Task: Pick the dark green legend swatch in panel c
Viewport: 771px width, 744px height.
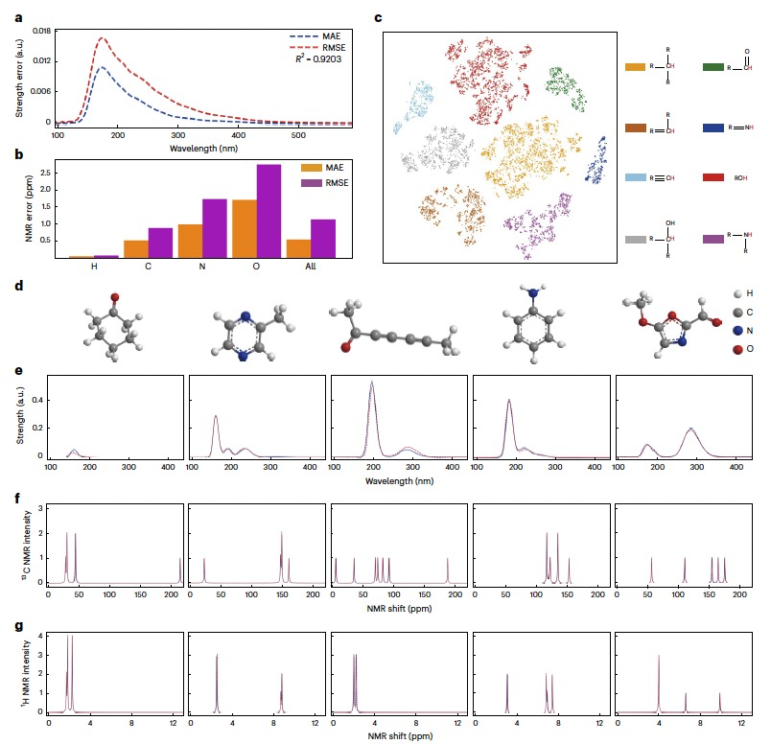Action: (713, 67)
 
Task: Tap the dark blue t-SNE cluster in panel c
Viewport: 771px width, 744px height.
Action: (598, 160)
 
